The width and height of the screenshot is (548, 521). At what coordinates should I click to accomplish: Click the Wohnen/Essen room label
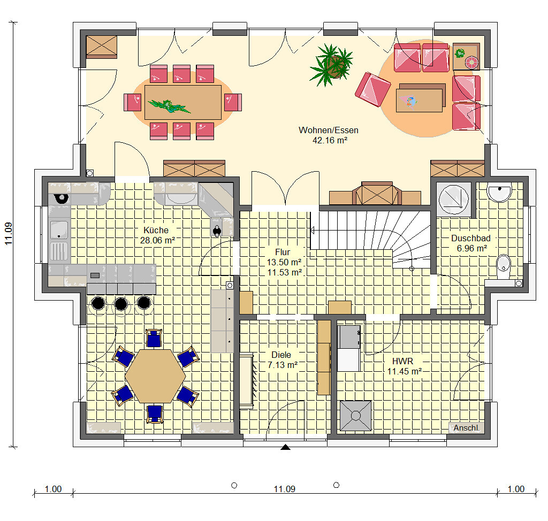tap(328, 131)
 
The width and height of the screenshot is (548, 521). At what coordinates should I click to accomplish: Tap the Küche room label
tap(156, 230)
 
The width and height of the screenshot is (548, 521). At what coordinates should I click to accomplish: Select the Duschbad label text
tap(471, 239)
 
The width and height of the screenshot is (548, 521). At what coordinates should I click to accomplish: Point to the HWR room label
tap(402, 361)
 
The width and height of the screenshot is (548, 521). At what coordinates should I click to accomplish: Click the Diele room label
tap(281, 355)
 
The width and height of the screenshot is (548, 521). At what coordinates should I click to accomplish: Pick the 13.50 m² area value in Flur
tap(284, 262)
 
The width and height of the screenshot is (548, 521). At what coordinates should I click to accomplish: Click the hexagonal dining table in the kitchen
tap(155, 376)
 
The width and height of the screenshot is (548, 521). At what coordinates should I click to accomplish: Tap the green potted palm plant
tap(331, 65)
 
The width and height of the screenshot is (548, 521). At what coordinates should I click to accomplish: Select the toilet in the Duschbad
tap(503, 266)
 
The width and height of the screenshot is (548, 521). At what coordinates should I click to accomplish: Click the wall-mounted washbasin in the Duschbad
tap(499, 193)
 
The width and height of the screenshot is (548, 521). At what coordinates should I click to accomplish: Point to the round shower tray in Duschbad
tap(454, 200)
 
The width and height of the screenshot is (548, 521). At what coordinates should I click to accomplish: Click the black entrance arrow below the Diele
tap(286, 447)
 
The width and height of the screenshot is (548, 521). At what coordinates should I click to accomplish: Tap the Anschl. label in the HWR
tap(466, 428)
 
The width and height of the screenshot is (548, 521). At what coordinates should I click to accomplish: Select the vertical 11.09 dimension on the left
tap(9, 234)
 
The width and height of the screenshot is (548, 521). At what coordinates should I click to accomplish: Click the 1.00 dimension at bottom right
tap(516, 489)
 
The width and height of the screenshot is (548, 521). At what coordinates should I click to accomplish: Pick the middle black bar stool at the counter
tap(121, 304)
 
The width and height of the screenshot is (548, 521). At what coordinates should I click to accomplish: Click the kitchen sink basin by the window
tap(59, 229)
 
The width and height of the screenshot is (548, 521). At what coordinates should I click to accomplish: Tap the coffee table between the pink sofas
tap(419, 100)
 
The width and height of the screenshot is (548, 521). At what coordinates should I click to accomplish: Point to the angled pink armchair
tap(373, 89)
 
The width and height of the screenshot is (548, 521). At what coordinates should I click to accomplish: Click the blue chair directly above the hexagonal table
tap(154, 338)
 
